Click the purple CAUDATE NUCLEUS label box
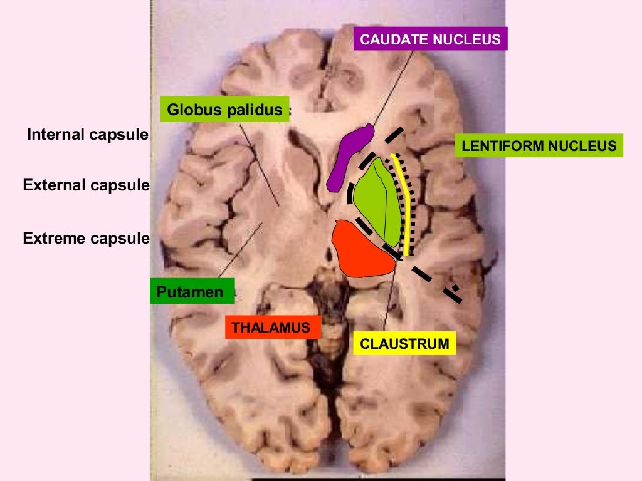430,39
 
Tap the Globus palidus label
224,110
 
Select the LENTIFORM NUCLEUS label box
539,147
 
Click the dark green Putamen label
192,291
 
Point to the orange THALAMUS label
271,327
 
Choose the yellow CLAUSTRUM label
404,343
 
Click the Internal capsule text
87,134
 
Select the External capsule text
86,185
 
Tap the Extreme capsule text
86,238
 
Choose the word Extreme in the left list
53,238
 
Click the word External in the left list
53,185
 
